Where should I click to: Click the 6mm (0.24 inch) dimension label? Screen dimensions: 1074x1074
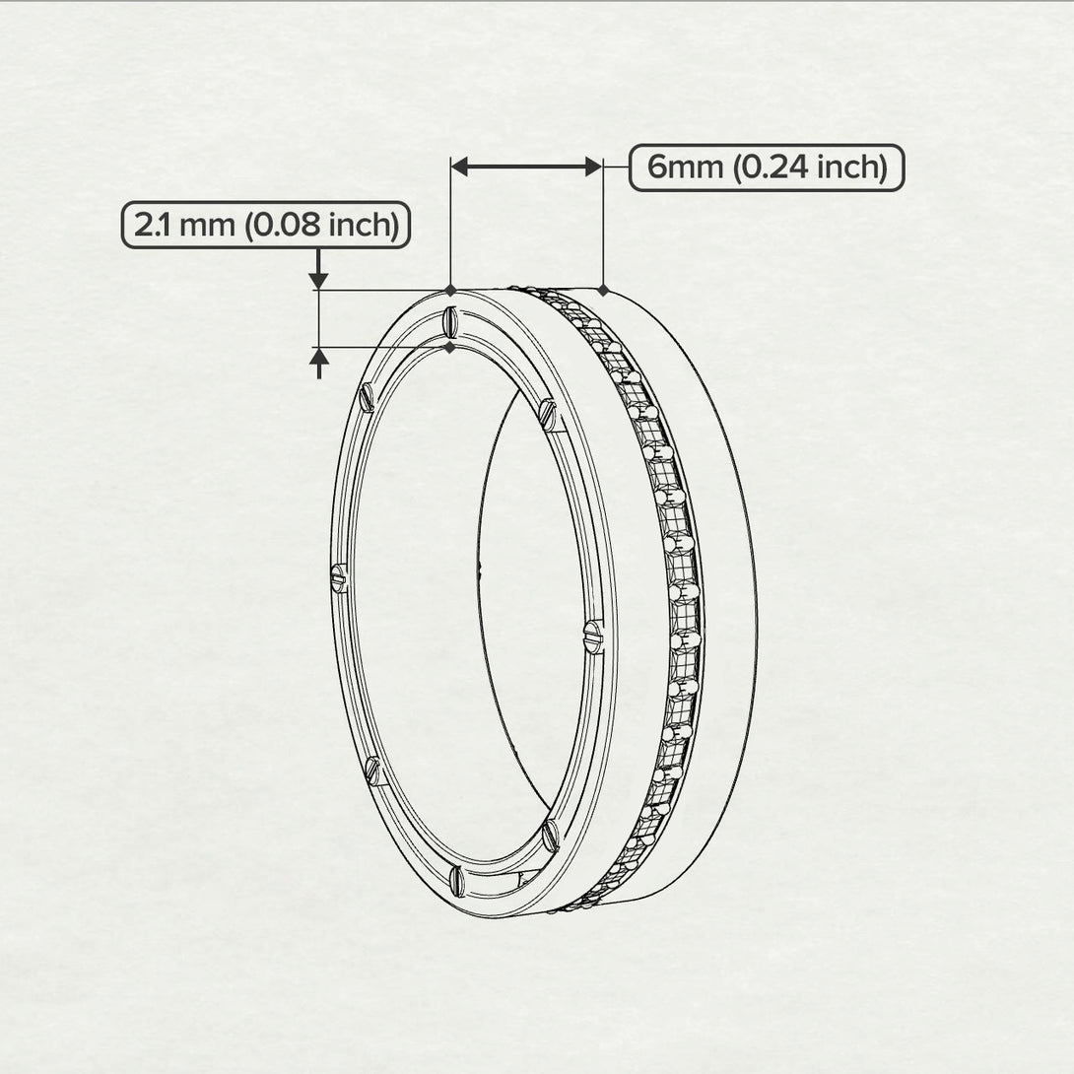tap(766, 168)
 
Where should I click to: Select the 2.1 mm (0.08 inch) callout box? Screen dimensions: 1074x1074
tap(266, 226)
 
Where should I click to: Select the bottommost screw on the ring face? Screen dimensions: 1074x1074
tap(455, 878)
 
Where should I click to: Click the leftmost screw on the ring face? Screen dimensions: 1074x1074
tap(339, 578)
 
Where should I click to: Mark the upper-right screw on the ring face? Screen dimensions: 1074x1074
tap(548, 414)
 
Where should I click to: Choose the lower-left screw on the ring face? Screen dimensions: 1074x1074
tap(371, 770)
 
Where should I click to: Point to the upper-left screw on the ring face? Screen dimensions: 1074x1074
tap(368, 396)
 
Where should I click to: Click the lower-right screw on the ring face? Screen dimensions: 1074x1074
tap(550, 836)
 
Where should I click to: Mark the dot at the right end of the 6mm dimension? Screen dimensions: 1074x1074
tap(602, 290)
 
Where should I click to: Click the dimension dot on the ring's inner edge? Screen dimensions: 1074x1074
tap(450, 347)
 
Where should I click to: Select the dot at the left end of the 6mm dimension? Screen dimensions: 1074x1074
tap(450, 290)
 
